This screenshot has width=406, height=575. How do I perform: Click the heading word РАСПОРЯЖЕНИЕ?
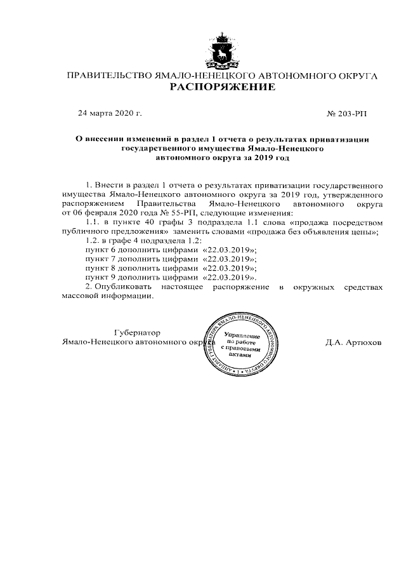tap(222, 87)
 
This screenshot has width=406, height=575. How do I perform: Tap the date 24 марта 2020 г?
tap(110, 113)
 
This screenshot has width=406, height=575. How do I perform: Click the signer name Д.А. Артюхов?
tap(353, 342)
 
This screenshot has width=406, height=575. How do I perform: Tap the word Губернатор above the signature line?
tap(136, 333)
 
